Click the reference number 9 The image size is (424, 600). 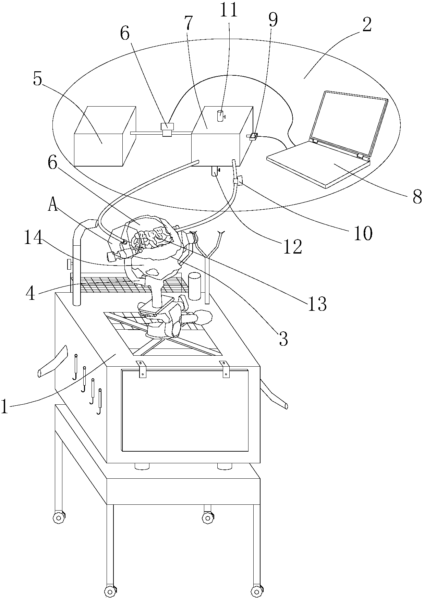click(x=273, y=21)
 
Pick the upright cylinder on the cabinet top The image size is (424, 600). click(x=194, y=286)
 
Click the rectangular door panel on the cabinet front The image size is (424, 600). click(x=185, y=411)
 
